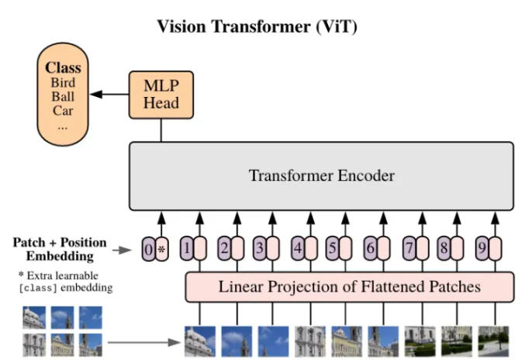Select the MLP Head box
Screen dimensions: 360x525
coord(161,95)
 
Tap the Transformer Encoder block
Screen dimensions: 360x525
coord(321,176)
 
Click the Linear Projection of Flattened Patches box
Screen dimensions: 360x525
coord(349,287)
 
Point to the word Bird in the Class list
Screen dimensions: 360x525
coord(63,82)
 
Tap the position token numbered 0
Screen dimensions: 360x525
coord(148,250)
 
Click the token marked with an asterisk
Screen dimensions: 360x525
coord(161,250)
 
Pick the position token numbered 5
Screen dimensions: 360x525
coord(332,250)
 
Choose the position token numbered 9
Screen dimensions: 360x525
coord(482,250)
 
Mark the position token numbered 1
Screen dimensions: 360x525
coord(186,250)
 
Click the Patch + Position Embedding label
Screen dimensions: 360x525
coord(59,249)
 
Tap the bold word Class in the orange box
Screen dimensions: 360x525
coord(63,68)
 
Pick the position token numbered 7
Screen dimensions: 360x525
coord(409,250)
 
